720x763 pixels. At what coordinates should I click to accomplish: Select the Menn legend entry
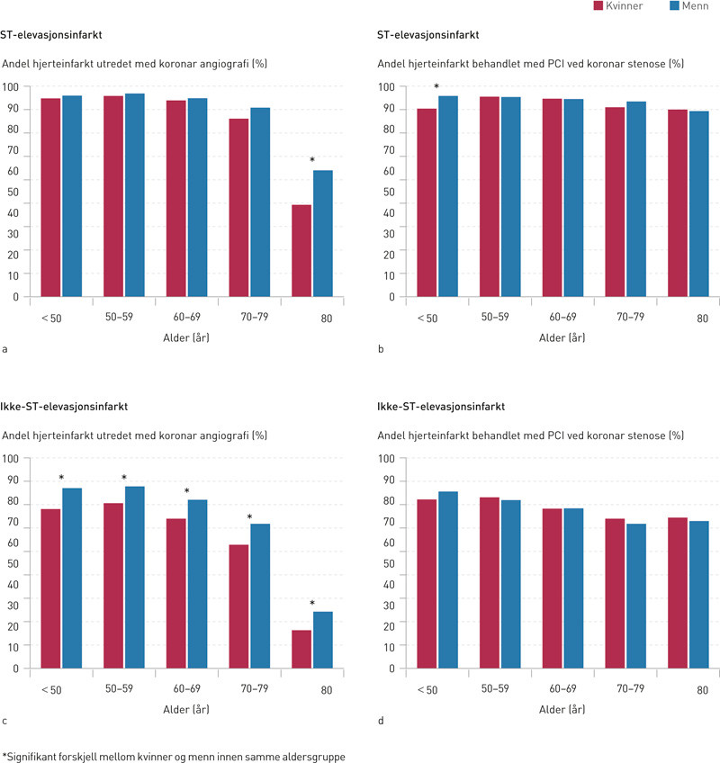click(685, 6)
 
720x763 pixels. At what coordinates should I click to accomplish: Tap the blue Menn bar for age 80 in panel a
click(323, 233)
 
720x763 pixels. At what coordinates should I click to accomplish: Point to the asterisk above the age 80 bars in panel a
click(312, 161)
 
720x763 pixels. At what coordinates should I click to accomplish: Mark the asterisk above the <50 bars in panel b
click(436, 87)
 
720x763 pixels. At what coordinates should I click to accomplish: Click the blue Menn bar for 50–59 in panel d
click(511, 584)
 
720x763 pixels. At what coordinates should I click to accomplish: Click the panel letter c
click(5, 719)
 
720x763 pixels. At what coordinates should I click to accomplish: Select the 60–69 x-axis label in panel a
click(186, 318)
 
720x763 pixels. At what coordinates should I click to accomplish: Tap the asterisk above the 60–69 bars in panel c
click(187, 491)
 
